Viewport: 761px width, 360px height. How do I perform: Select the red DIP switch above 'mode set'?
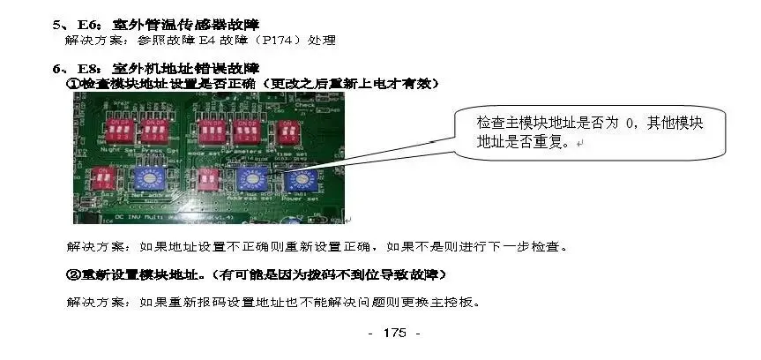click(213, 133)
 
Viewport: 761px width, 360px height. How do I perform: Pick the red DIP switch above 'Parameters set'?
click(248, 133)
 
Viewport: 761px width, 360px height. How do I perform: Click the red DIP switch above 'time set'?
click(288, 133)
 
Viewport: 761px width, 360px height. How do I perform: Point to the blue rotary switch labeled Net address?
click(144, 180)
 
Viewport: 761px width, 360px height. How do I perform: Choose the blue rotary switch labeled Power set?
click(302, 180)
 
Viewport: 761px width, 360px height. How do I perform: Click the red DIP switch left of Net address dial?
click(106, 182)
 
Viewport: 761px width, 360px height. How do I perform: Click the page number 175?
click(394, 333)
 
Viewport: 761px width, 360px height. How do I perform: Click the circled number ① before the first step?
click(73, 84)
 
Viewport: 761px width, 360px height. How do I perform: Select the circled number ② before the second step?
click(73, 275)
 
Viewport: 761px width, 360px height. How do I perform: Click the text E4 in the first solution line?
click(214, 41)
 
